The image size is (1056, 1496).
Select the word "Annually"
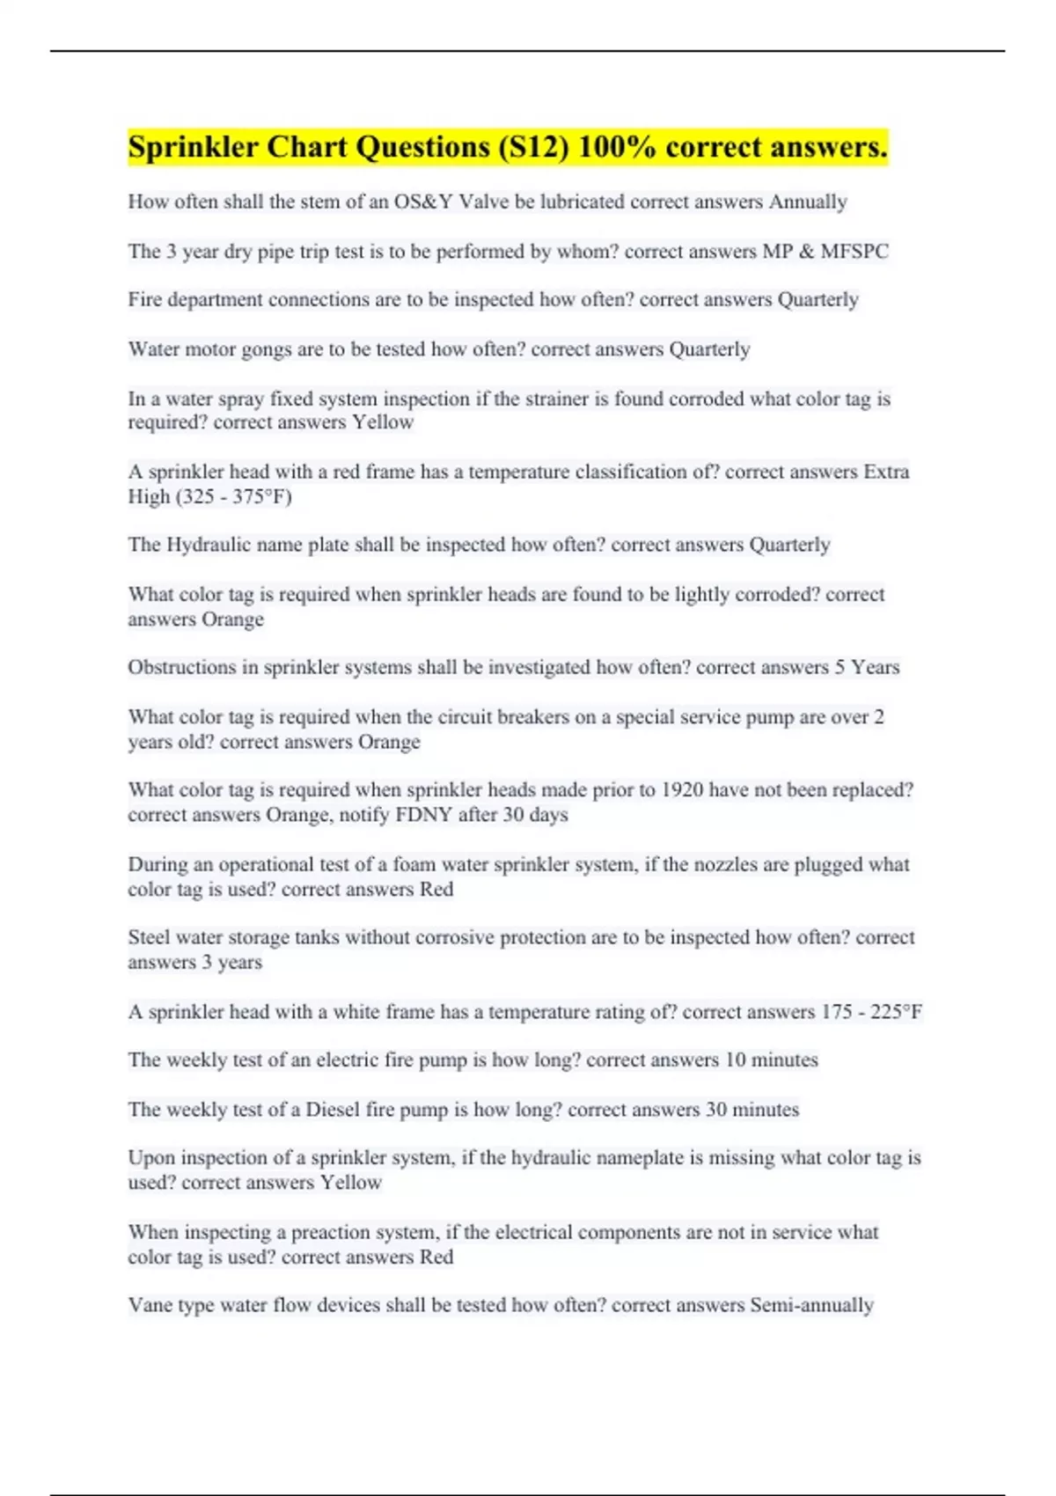coord(808,202)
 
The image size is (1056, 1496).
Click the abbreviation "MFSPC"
coord(854,252)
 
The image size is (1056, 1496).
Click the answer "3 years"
coord(231,963)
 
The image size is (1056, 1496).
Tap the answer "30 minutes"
coord(752,1110)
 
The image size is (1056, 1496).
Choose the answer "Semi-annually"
coord(811,1305)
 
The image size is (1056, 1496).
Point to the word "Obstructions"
coord(182,668)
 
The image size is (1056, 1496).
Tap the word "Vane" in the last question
coord(150,1305)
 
